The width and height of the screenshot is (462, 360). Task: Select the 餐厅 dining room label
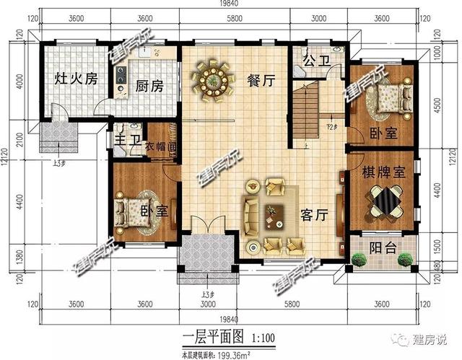coord(261,82)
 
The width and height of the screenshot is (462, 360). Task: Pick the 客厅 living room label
coord(314,214)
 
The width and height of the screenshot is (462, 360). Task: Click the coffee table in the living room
coord(274,214)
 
